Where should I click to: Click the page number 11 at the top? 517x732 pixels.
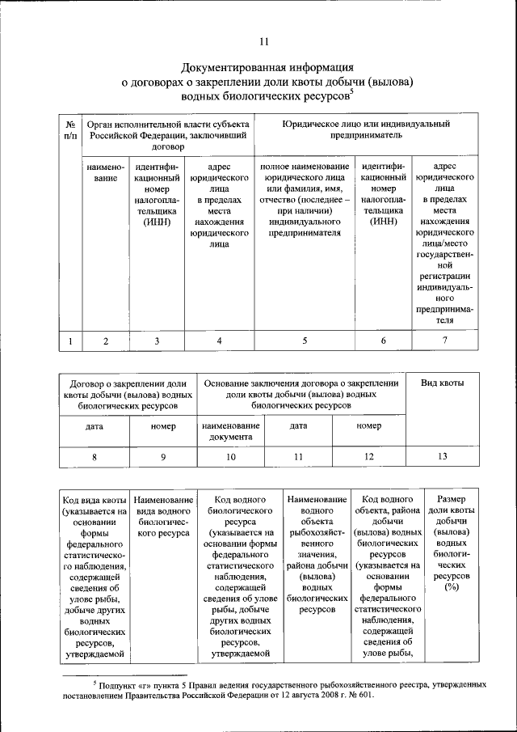[264, 42]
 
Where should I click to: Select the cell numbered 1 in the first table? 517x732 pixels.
[71, 341]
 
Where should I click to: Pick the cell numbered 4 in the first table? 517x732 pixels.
[219, 341]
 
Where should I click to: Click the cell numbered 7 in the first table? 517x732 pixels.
[444, 341]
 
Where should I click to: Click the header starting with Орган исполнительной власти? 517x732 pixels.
[168, 136]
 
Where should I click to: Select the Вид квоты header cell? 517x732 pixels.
[443, 382]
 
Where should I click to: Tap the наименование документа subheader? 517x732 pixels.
[231, 431]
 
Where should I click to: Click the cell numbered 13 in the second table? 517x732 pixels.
[443, 457]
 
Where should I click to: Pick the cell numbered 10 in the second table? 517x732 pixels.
[231, 457]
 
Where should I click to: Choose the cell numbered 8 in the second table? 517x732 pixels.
[95, 457]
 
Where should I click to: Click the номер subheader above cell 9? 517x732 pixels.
[162, 425]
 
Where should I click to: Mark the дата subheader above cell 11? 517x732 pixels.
[298, 425]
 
